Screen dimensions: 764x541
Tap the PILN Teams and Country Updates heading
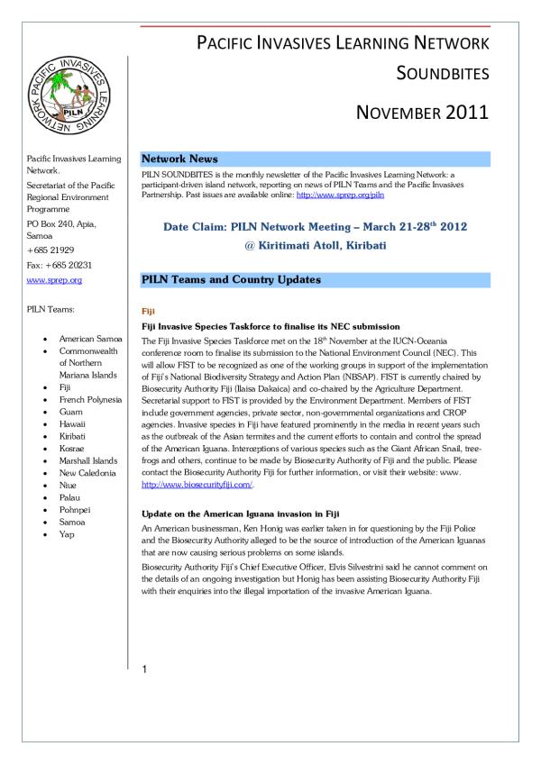coord(232,280)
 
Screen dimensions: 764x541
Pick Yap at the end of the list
coord(67,533)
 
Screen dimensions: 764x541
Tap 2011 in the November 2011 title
coord(460,113)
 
